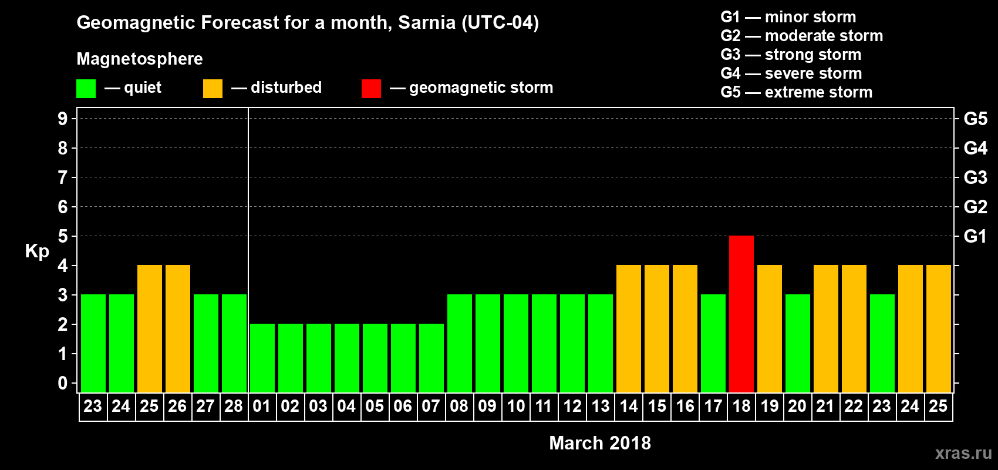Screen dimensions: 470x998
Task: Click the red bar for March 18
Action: click(741, 314)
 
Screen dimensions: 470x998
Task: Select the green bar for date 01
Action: click(262, 358)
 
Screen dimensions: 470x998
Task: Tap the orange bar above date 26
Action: click(178, 328)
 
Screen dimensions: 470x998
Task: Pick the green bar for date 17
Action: click(713, 343)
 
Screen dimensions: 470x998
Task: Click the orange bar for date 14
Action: click(629, 328)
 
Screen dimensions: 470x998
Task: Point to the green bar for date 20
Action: click(798, 343)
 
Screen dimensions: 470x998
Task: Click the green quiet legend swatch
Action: click(86, 89)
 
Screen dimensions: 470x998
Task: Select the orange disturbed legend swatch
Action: click(213, 89)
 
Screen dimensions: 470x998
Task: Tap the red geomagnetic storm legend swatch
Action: click(371, 89)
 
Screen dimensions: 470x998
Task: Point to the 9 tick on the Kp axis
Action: click(63, 119)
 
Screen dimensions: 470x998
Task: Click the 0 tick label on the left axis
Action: click(63, 383)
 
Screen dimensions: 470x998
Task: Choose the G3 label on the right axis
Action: click(975, 177)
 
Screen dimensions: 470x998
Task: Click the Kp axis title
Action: click(37, 251)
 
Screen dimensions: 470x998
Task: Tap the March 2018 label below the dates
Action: click(599, 443)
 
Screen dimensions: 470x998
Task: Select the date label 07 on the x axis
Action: click(431, 406)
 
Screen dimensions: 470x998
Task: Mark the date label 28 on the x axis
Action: click(234, 406)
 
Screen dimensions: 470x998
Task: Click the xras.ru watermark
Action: click(963, 452)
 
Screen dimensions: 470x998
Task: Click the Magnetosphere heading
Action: click(140, 59)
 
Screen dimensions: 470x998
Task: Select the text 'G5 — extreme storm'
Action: click(796, 92)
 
